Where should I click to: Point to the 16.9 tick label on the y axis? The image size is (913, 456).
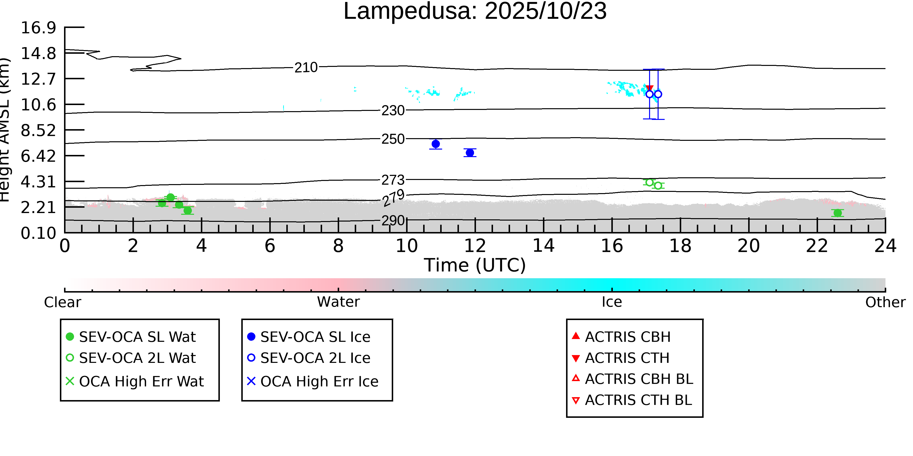(38, 28)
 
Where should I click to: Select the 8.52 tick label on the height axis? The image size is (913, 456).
(38, 131)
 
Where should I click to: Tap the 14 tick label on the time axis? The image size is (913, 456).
(543, 246)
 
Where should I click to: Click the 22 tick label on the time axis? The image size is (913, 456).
(817, 246)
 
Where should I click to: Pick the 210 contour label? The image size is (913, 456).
(306, 67)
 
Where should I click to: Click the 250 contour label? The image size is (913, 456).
(393, 139)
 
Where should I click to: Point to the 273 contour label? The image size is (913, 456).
(393, 180)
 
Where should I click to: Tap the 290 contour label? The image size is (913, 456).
(393, 221)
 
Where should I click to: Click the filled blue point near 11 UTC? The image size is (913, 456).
(436, 144)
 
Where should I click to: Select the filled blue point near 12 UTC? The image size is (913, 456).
(470, 152)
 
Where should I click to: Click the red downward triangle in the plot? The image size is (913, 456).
(649, 89)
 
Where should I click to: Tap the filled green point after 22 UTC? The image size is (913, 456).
(838, 213)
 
